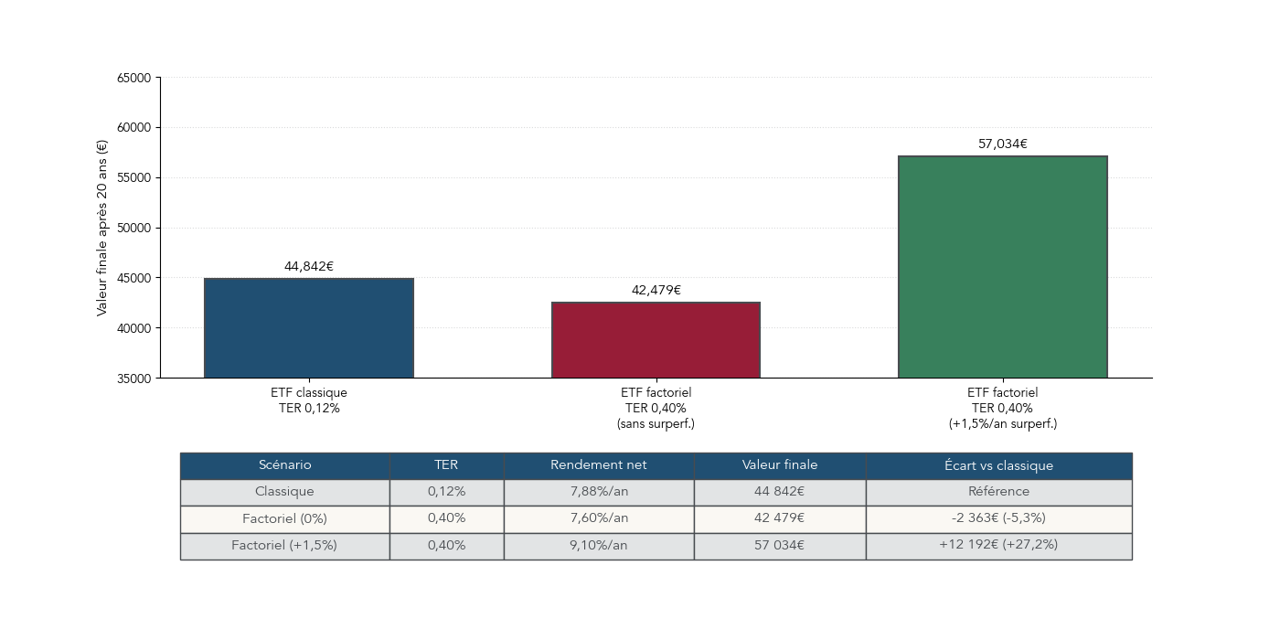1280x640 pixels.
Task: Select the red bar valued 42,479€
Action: [656, 339]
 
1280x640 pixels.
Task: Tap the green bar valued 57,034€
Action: [1002, 266]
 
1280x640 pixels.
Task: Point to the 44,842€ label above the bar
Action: [309, 267]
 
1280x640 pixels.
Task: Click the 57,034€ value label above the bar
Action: [1002, 144]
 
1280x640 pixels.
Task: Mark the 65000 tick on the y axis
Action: [133, 79]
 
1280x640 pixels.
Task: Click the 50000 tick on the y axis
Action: [133, 229]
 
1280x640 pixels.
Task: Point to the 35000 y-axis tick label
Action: [133, 379]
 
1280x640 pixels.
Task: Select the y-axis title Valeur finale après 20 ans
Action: [101, 228]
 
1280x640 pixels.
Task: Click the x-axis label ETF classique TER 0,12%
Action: [309, 400]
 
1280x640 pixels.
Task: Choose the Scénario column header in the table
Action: [284, 465]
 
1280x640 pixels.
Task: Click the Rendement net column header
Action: [598, 465]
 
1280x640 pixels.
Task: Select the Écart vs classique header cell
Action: [998, 465]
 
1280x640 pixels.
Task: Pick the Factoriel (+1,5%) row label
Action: [284, 545]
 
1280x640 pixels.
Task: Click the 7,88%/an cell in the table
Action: [598, 492]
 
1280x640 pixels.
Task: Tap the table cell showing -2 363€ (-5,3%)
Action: [998, 518]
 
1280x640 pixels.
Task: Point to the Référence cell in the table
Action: [998, 492]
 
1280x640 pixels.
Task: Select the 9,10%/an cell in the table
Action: [598, 545]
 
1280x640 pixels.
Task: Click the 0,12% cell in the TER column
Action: [446, 492]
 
